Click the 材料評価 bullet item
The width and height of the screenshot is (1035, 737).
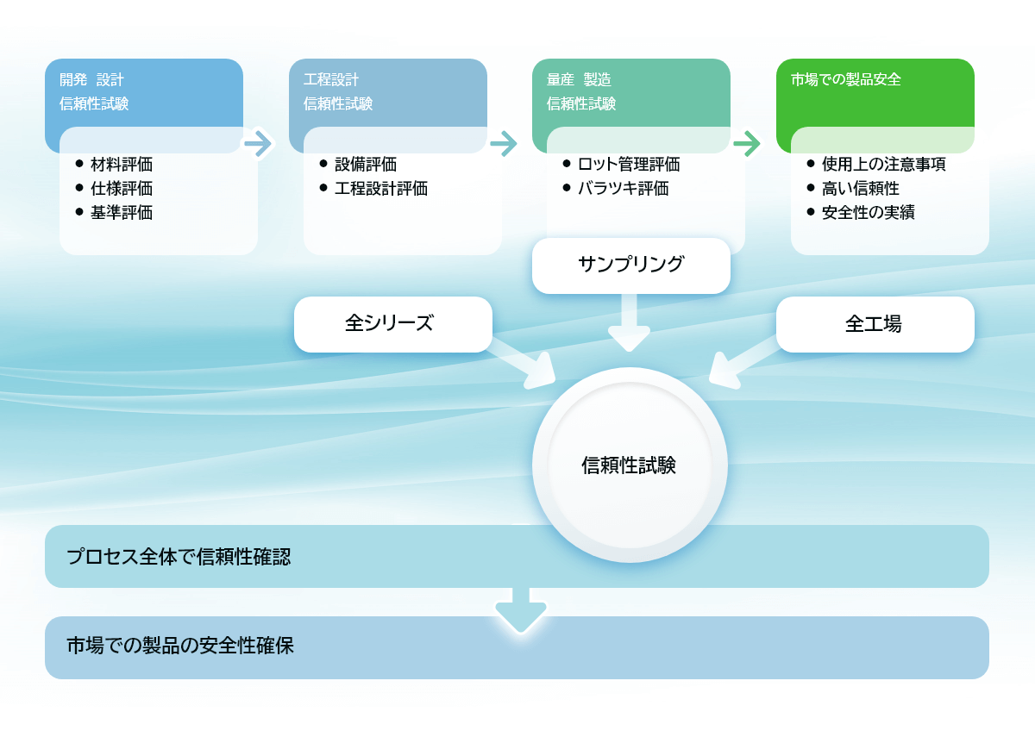point(121,164)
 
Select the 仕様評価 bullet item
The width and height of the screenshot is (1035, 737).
point(121,188)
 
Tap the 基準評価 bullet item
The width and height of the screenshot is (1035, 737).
point(121,212)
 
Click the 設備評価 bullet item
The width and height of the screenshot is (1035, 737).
point(365,164)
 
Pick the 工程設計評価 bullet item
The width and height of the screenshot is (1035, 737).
point(380,188)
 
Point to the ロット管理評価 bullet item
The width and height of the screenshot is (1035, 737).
point(628,164)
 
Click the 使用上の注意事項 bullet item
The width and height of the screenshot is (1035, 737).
point(883,164)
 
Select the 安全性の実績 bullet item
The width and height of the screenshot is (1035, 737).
point(868,212)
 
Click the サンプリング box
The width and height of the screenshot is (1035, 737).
point(630,265)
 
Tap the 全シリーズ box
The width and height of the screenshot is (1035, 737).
point(392,324)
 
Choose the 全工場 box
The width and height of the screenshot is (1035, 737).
point(875,324)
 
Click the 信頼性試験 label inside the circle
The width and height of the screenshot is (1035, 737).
point(629,466)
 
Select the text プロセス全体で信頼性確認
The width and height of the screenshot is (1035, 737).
point(179,557)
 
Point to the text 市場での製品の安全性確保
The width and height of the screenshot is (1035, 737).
point(180,646)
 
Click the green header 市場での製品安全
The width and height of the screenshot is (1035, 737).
point(845,79)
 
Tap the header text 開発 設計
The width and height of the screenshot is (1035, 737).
point(91,79)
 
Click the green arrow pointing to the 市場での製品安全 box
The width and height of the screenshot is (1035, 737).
point(746,142)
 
